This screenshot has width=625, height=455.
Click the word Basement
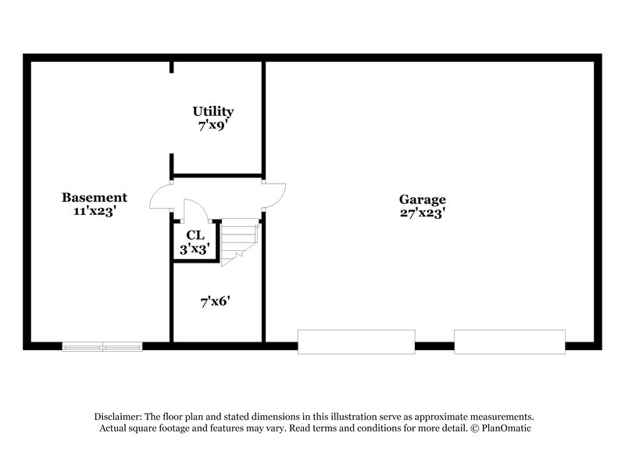[x=95, y=198]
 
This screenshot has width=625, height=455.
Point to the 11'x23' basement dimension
[x=95, y=210]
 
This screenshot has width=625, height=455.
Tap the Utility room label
[x=213, y=112]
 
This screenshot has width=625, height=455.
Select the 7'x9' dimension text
[x=213, y=124]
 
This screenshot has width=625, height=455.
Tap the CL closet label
[x=195, y=235]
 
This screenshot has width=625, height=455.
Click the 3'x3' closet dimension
[x=195, y=249]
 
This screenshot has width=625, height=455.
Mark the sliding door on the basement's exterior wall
[x=102, y=346]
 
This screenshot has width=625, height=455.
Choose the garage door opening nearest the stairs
[x=356, y=341]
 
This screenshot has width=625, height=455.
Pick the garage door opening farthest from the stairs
[x=509, y=341]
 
